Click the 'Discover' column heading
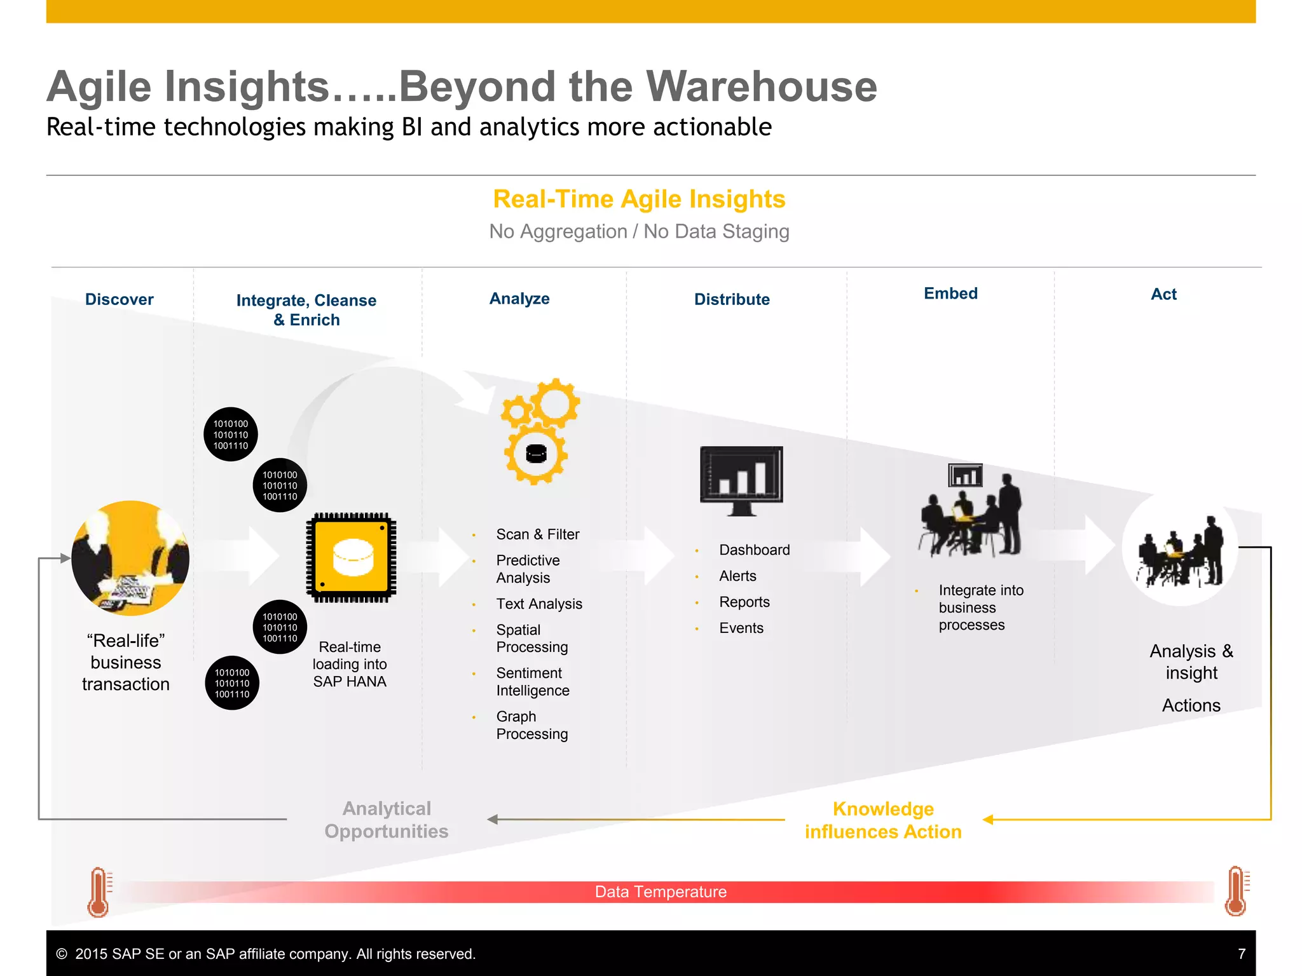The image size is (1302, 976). click(x=120, y=299)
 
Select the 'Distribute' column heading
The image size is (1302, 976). click(x=732, y=299)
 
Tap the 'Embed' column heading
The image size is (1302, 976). click(x=950, y=294)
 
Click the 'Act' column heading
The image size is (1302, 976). click(x=1163, y=294)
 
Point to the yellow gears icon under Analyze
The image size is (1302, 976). click(x=539, y=432)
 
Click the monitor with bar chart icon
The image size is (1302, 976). click(x=741, y=480)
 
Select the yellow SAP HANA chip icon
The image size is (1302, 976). click(x=352, y=557)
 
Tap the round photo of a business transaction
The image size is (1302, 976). click(x=130, y=558)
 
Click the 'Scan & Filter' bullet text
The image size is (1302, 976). click(x=537, y=534)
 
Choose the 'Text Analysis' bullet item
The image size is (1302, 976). click(x=539, y=604)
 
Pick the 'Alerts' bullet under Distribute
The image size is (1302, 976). click(x=737, y=576)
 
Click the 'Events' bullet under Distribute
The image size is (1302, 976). click(x=741, y=628)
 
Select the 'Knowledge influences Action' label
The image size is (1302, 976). click(x=883, y=820)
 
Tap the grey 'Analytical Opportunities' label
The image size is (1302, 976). click(x=387, y=820)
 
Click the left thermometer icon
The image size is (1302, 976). click(x=99, y=892)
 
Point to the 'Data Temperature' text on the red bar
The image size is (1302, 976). click(x=661, y=892)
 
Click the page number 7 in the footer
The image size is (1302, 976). click(x=1241, y=954)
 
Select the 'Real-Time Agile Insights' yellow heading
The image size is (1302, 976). click(x=639, y=199)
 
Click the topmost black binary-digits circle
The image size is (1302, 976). click(x=231, y=435)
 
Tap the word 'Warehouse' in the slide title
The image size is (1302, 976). click(x=762, y=86)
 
